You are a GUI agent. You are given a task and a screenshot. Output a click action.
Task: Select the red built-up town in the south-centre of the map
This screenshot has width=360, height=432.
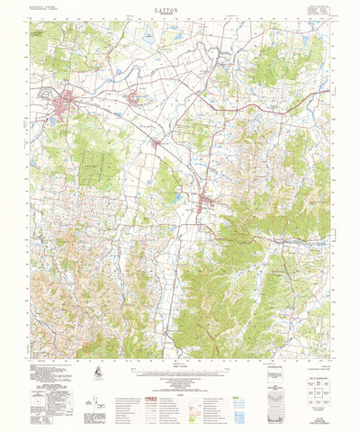(206, 200)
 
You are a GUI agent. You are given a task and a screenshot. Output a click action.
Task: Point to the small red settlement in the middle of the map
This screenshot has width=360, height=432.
(157, 143)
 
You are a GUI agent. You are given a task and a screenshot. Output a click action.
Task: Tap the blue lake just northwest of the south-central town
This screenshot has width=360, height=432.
(178, 196)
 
